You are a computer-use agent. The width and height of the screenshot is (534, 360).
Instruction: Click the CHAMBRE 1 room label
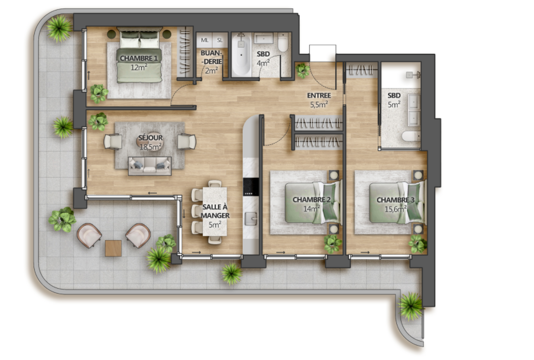coord(139,58)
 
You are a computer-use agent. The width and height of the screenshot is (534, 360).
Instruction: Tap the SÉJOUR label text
coord(150,138)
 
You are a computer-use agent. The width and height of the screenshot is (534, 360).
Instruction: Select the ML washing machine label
coord(204,40)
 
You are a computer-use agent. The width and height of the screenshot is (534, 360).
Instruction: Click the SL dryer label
coord(220,40)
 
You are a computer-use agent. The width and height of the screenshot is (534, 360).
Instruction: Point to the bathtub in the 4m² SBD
coord(242,54)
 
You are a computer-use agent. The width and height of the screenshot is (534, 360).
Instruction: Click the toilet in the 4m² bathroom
coord(283,42)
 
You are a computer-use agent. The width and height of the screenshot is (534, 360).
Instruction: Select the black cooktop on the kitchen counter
coord(251,187)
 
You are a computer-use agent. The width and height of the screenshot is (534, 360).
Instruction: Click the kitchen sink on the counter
coord(250,219)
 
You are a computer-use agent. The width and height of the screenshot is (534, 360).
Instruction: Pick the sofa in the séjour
coord(150,166)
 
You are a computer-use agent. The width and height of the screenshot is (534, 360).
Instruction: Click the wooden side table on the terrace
coord(113,248)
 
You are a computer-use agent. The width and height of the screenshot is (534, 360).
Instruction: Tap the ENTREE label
coord(319,96)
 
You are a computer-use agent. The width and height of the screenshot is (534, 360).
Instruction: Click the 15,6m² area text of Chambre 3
coord(395,209)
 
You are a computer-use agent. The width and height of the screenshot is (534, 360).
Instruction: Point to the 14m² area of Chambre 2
coord(311,208)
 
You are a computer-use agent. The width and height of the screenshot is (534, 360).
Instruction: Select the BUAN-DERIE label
coord(211,57)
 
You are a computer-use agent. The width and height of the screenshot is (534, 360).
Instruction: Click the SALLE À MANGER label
coord(215,211)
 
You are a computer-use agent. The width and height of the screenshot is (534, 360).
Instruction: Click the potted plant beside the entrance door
coord(302,70)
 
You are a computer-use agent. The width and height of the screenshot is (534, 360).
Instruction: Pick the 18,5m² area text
coord(150,147)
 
